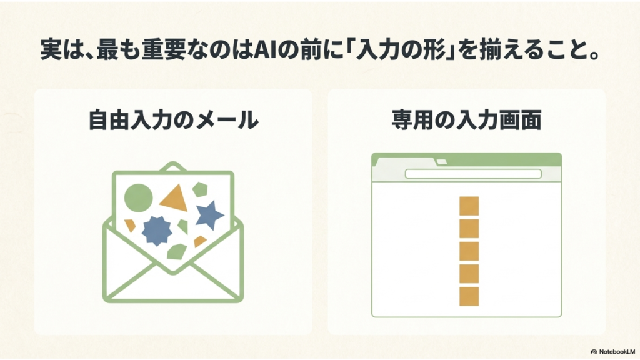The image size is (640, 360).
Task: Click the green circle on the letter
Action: [138, 198]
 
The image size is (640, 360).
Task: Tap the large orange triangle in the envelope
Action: [176, 199]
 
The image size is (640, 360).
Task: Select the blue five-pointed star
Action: [209, 215]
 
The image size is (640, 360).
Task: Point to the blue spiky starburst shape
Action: [157, 231]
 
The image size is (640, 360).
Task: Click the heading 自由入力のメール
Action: [174, 120]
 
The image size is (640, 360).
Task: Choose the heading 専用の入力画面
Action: [466, 120]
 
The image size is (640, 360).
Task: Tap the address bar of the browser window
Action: [473, 174]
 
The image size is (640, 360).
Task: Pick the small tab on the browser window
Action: [442, 162]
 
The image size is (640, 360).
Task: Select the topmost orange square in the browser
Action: [469, 206]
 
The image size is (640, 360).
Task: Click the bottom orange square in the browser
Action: [469, 296]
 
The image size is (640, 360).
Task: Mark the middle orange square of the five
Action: [469, 251]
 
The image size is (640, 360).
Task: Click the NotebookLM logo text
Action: [617, 351]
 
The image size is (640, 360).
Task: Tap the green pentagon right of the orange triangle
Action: [200, 189]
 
